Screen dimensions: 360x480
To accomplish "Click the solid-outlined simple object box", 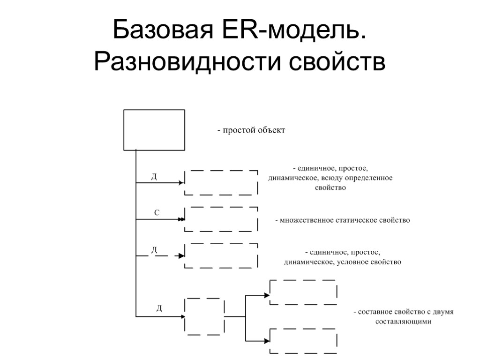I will coord(154,130).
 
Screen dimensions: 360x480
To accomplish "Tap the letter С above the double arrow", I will coord(157,213).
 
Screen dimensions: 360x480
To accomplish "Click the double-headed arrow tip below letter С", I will coord(181,219).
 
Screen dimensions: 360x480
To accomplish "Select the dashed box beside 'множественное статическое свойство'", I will coord(221,219).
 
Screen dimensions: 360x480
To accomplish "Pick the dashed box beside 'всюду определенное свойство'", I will coord(221,182).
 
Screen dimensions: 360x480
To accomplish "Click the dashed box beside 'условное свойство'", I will coord(221,255).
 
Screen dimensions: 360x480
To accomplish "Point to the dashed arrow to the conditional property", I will coord(159,256).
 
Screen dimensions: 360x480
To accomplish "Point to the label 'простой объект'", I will coord(250,130).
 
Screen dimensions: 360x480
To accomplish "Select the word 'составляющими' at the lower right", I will coord(403,322).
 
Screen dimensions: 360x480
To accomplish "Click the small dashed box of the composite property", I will coord(205,316).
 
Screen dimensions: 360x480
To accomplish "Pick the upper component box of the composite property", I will coord(303,292).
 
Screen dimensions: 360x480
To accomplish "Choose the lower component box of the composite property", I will coord(303,341).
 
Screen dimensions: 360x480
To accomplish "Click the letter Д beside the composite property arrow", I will coord(159,308).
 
